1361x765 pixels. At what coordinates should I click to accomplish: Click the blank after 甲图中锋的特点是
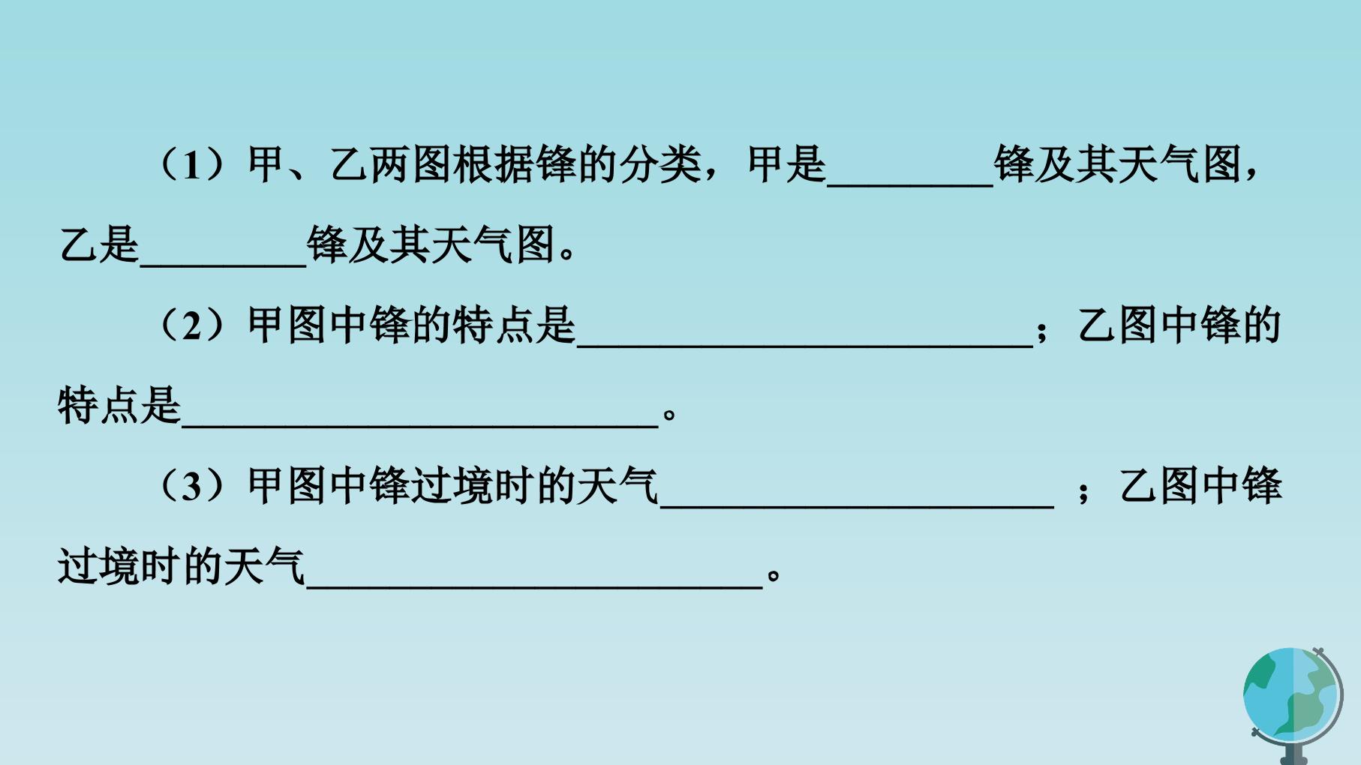[805, 346]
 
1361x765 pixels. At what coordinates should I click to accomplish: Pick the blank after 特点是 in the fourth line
[420, 426]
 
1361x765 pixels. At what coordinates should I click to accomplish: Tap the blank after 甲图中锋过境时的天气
[857, 506]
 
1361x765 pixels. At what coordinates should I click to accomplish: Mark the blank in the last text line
[535, 586]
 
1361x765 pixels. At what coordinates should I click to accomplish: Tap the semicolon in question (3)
[1083, 492]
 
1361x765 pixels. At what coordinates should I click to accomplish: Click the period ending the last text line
[775, 576]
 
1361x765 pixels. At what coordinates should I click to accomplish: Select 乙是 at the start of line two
[99, 245]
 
